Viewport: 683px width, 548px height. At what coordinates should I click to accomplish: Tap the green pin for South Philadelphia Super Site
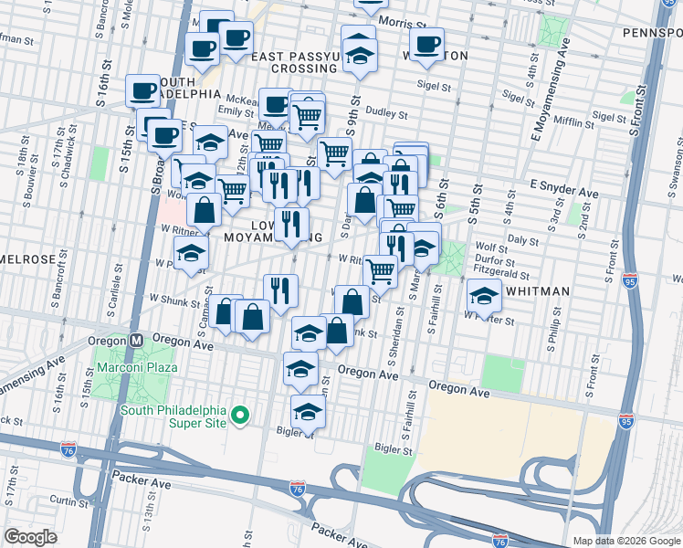click(240, 416)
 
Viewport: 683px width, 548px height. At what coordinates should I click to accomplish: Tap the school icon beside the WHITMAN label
click(484, 295)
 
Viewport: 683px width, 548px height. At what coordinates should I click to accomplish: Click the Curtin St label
click(69, 501)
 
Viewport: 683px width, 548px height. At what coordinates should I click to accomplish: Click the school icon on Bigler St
click(308, 412)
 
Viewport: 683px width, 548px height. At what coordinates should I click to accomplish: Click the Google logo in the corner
click(30, 537)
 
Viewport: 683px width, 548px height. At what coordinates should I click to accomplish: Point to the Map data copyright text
click(626, 541)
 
